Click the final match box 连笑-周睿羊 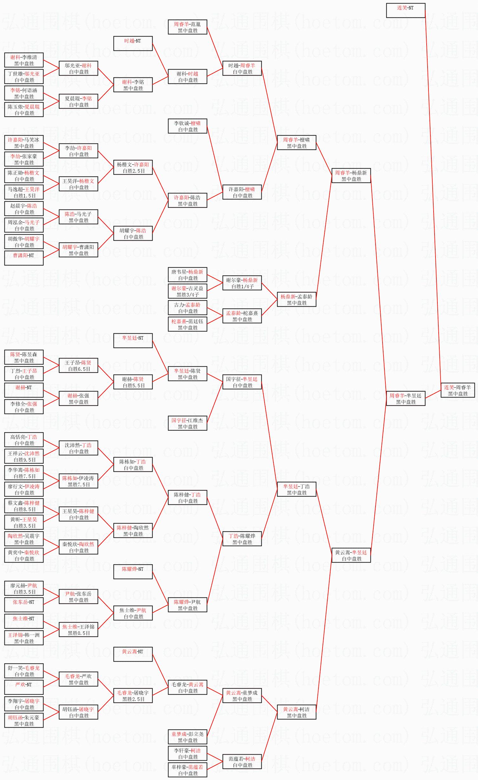point(457,390)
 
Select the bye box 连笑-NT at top point(405,10)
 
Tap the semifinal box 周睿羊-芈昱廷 point(405,398)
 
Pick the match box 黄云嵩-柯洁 point(296,712)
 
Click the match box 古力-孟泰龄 point(187,308)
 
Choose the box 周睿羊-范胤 point(187,27)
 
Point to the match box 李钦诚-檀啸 point(187,126)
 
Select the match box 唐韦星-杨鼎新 point(187,275)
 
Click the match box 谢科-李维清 point(24,60)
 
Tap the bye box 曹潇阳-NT point(24,258)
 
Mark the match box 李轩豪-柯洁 point(187,753)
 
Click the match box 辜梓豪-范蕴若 point(187,770)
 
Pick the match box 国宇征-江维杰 point(187,423)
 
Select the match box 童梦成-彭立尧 point(187,737)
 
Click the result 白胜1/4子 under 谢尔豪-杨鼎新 point(242,286)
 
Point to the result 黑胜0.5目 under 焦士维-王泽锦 point(79,633)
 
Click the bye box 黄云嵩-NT point(133,654)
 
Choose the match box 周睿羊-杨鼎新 point(351,176)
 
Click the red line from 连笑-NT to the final point(433,197)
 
